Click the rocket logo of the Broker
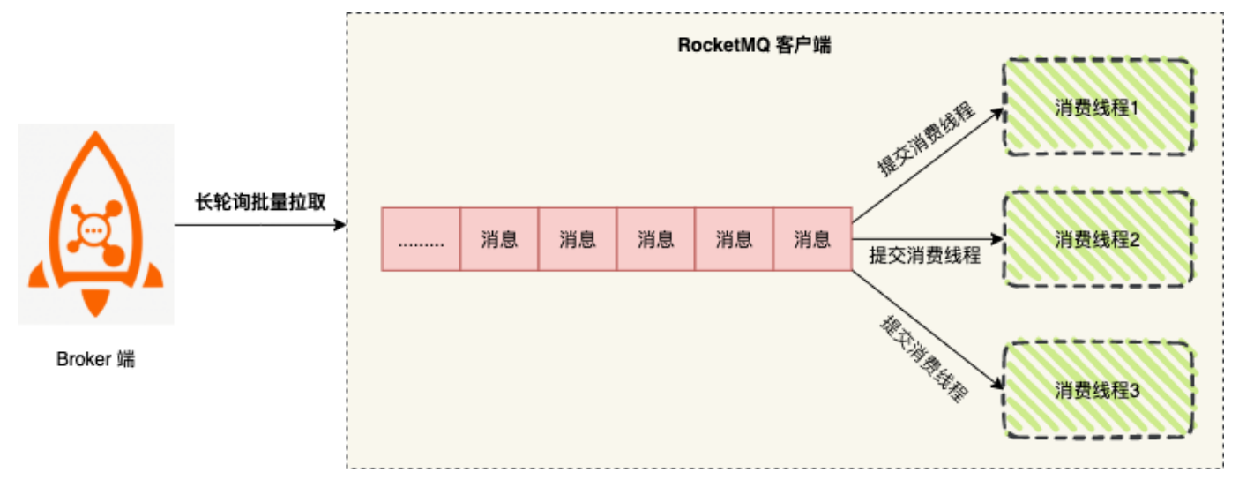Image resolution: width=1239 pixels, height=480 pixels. click(95, 221)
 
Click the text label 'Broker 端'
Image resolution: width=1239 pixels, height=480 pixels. click(95, 359)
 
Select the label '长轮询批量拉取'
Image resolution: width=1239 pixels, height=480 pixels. click(260, 202)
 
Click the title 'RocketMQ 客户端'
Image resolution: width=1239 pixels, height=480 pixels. click(754, 46)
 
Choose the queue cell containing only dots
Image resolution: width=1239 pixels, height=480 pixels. click(421, 239)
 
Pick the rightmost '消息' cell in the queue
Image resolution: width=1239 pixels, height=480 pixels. click(811, 239)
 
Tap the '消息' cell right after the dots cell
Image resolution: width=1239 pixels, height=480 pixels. click(499, 239)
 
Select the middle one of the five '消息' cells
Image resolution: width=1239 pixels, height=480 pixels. click(655, 239)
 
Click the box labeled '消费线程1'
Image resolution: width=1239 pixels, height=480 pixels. click(1098, 108)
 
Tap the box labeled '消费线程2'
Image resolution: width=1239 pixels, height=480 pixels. click(1098, 239)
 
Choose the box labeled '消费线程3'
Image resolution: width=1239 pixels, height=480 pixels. click(1098, 390)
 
